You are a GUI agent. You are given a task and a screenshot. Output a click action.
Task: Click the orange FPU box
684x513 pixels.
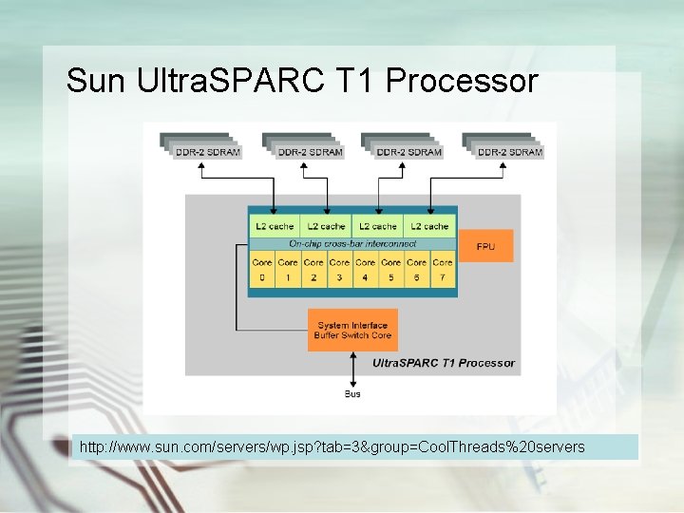485,245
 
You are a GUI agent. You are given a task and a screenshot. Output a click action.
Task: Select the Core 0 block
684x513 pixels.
262,270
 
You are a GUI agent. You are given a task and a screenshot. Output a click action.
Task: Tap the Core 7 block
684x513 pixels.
443,270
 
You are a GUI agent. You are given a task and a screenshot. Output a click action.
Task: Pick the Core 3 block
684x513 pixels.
339,270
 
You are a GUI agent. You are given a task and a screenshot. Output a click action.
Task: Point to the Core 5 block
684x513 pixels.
391,270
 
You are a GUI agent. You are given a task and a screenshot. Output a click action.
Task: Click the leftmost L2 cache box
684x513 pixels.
275,226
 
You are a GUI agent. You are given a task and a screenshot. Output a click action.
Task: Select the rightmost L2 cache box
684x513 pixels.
429,226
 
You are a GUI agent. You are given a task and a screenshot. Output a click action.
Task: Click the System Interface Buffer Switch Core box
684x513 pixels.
352,330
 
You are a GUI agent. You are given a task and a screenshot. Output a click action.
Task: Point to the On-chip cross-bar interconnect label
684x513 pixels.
351,243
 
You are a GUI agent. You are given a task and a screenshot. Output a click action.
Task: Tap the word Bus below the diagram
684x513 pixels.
352,393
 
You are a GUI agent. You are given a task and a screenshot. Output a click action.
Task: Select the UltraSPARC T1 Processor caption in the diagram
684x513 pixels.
444,363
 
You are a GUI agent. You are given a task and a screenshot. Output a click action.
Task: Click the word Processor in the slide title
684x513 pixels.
462,82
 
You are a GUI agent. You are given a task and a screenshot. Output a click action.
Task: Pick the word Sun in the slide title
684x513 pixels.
97,82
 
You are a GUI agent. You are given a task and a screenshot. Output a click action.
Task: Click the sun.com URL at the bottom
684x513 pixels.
332,446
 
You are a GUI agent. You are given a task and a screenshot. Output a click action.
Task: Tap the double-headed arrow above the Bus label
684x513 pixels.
352,369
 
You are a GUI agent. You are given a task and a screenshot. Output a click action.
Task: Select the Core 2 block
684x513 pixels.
313,270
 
